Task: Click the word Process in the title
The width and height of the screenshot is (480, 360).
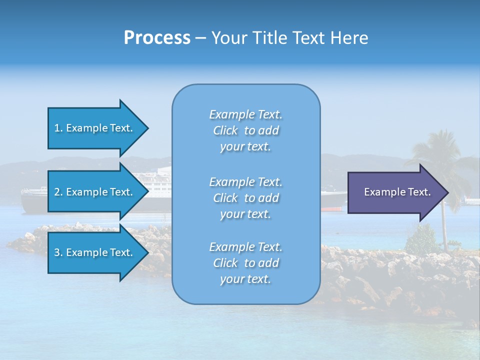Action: [x=157, y=38]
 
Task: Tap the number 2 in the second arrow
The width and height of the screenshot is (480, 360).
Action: [x=57, y=192]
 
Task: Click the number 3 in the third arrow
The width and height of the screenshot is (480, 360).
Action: [x=57, y=252]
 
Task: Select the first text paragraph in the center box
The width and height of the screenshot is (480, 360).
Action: [x=245, y=130]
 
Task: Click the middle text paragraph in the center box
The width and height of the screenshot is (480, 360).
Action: [x=245, y=197]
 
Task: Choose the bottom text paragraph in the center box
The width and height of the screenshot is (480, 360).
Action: [x=245, y=263]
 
